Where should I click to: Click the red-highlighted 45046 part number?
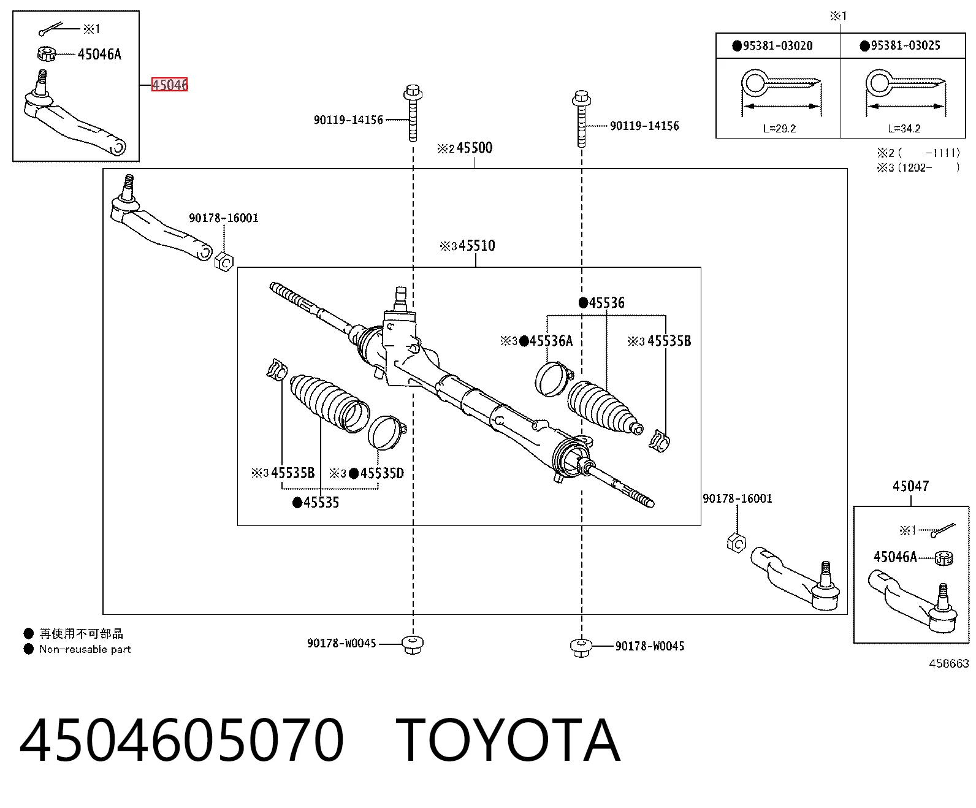tap(169, 85)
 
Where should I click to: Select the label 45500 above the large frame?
tap(475, 148)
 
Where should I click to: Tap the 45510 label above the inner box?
tap(477, 245)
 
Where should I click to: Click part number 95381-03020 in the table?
tap(778, 46)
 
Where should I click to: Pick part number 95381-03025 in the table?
tap(905, 45)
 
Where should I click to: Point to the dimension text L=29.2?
tap(779, 129)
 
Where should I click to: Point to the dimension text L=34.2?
tap(904, 129)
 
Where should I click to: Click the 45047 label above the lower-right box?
tap(910, 486)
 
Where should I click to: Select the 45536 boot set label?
tap(607, 303)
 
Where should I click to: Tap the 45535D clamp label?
tap(382, 473)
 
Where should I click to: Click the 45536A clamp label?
tap(551, 341)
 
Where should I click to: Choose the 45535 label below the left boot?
tap(321, 502)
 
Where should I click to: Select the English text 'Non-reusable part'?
tap(85, 649)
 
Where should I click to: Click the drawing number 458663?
tap(949, 663)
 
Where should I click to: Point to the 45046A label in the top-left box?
tap(99, 54)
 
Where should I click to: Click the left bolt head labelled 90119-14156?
tap(413, 92)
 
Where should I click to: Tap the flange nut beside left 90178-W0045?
tap(413, 645)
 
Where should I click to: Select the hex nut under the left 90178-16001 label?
tap(224, 262)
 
